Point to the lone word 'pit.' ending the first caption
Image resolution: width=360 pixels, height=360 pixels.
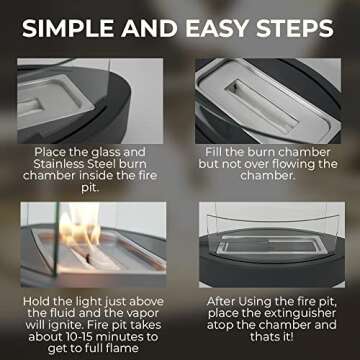click(90, 188)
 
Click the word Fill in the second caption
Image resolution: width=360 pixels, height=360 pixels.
click(214, 152)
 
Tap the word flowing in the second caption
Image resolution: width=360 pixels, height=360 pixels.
click(290, 164)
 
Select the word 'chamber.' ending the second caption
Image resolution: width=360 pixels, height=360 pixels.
click(268, 176)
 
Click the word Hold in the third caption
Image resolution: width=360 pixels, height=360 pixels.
click(36, 302)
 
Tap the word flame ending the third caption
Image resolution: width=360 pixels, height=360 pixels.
click(121, 348)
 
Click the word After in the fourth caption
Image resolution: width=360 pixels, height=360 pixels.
click(221, 302)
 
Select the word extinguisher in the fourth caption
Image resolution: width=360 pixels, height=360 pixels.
click(303, 314)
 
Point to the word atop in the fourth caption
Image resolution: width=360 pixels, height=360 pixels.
click(220, 325)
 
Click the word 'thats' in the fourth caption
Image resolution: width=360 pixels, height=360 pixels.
click(264, 337)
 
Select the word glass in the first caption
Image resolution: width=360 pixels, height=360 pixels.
click(104, 153)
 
